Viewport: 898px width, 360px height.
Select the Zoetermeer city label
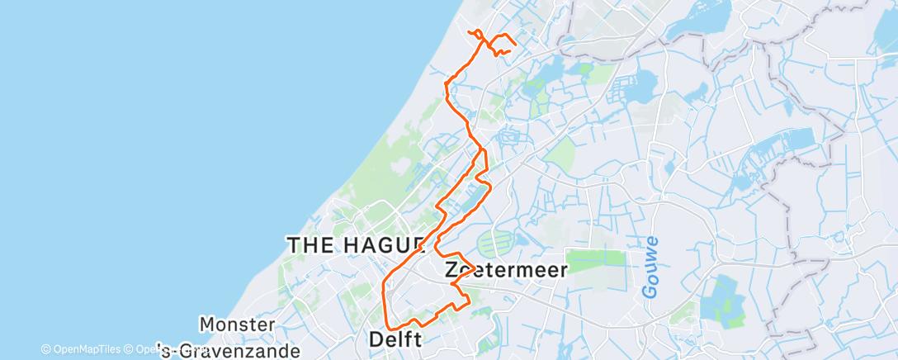coord(506,270)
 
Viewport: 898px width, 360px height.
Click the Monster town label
coord(238,324)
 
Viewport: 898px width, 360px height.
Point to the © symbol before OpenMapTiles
coord(46,349)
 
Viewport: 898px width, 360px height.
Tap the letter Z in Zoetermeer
coord(451,270)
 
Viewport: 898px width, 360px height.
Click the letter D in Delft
coord(377,339)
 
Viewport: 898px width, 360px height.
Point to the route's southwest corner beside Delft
coord(387,328)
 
